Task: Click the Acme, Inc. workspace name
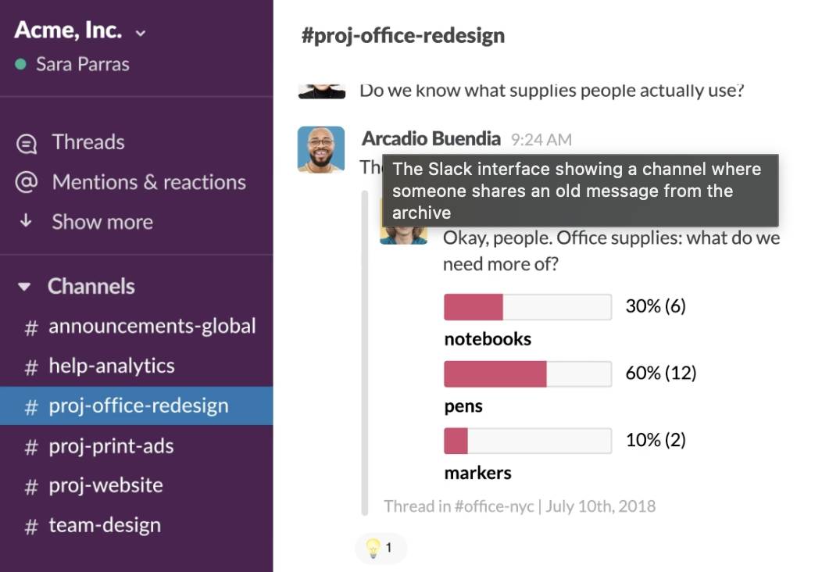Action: pos(68,30)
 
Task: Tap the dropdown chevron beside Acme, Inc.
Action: pos(141,34)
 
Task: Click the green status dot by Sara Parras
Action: pos(21,64)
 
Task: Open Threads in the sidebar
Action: pos(88,142)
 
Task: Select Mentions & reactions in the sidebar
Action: pos(148,182)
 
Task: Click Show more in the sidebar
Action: pos(102,222)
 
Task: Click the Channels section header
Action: pos(91,286)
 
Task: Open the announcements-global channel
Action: pos(152,326)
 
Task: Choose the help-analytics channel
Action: pos(111,366)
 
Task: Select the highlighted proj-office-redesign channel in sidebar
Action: pos(138,406)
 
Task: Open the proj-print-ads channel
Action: pos(111,446)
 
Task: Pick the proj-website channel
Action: pos(105,485)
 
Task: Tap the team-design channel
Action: pos(104,525)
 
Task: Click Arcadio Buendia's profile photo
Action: pos(320,148)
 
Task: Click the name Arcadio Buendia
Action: pos(431,139)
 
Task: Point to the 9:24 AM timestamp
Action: pos(541,140)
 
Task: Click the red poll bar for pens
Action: pos(495,374)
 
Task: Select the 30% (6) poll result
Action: pos(655,306)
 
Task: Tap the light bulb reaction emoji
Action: pos(373,548)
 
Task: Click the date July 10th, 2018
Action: pos(600,506)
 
